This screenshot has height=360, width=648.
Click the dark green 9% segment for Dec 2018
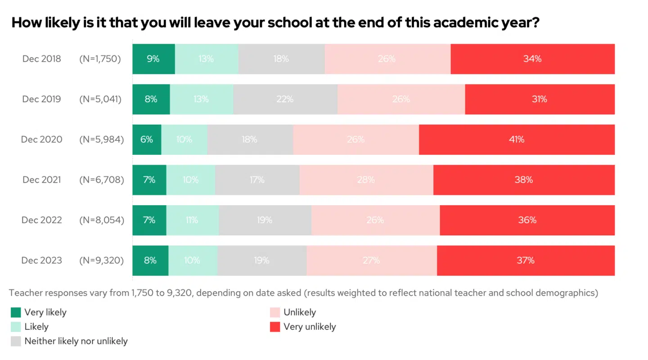pos(153,59)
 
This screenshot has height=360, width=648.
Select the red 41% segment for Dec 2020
pos(517,139)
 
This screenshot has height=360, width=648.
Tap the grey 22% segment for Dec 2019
pos(285,99)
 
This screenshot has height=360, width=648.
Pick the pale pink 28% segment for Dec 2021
pos(366,180)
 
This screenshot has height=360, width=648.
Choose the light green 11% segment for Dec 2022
pos(192,220)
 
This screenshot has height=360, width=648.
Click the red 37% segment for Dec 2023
pos(526,261)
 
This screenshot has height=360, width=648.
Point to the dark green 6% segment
pos(147,139)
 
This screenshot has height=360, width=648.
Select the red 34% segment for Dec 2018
pos(532,59)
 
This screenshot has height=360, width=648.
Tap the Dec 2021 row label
pos(42,180)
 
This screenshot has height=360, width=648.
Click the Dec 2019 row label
pos(41,99)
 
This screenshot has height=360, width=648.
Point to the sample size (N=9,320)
pos(101,261)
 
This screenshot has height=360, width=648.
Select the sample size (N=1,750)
pos(100,59)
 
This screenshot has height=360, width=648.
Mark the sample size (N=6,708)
pos(101,180)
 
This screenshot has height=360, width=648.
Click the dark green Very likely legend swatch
pos(16,312)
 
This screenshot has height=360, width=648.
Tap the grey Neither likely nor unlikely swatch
pos(16,341)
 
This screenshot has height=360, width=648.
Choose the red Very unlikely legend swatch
pos(275,327)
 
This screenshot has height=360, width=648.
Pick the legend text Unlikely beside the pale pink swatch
pos(300,312)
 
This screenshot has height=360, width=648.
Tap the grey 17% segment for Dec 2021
pos(257,180)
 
